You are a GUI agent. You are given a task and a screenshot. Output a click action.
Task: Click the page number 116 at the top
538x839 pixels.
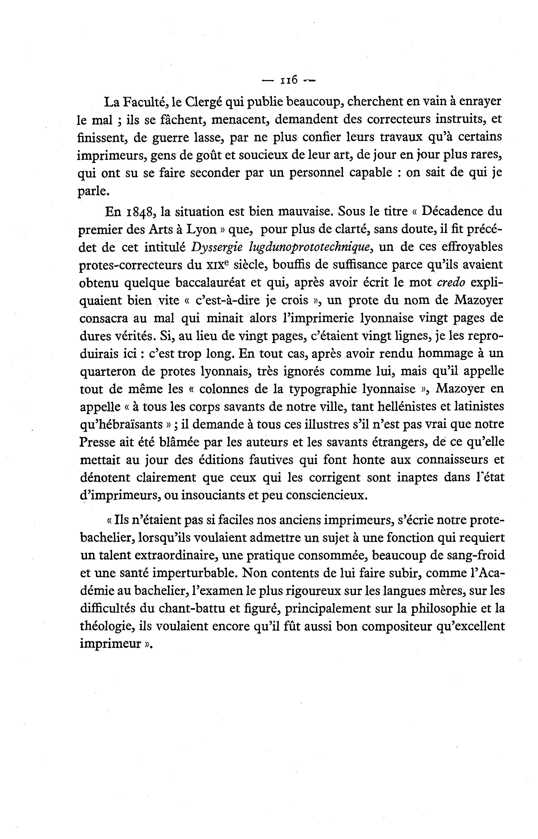tap(289, 81)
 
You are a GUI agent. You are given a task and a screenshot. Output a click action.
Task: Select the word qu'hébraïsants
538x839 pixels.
tap(122, 425)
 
